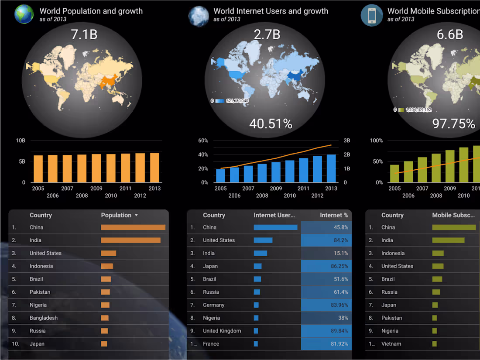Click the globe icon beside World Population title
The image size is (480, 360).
[24, 14]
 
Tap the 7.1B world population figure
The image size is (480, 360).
[84, 34]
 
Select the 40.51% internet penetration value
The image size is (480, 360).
[271, 124]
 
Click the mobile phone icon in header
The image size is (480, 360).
[372, 15]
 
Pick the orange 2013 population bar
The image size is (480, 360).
[154, 168]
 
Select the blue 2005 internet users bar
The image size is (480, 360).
[220, 175]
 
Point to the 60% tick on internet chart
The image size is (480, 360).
[203, 141]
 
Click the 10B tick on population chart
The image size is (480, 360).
[21, 141]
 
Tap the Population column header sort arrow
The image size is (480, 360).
[136, 215]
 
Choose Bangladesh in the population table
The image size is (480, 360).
[44, 318]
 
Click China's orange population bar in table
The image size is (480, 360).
[133, 227]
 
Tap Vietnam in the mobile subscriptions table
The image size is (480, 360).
[391, 344]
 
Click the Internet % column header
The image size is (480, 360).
[334, 215]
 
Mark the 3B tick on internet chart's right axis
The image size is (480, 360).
[347, 141]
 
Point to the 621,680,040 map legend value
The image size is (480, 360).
[237, 101]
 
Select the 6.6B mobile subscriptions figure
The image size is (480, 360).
[450, 34]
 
